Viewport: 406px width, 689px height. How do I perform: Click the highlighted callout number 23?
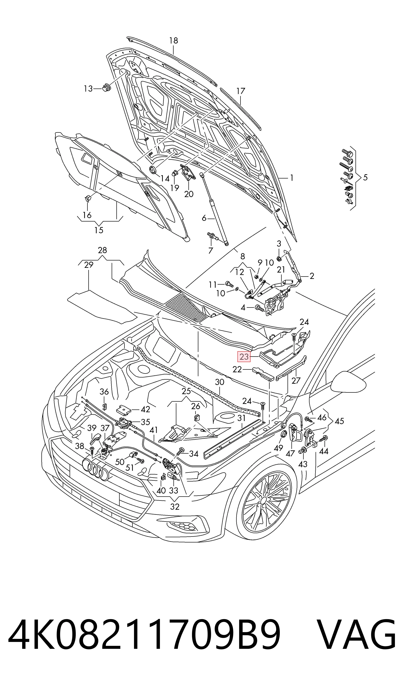pos(244,357)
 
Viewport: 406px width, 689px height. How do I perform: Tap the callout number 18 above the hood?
pos(173,40)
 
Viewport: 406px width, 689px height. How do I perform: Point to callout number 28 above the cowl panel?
pos(102,250)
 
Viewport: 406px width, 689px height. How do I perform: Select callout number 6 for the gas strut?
pos(204,218)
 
